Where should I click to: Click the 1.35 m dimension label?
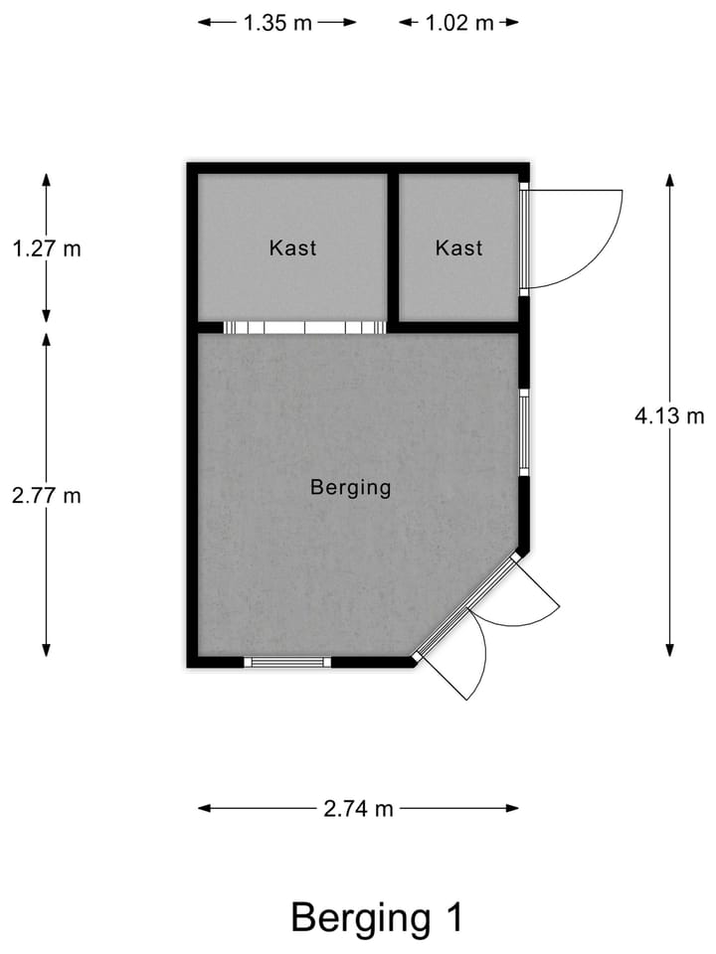pyautogui.click(x=277, y=23)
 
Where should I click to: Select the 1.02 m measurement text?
pyautogui.click(x=459, y=23)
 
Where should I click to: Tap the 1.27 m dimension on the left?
pyautogui.click(x=46, y=248)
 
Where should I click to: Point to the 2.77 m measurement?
pyautogui.click(x=46, y=495)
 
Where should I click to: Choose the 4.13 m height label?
pyautogui.click(x=669, y=415)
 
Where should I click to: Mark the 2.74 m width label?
pyautogui.click(x=358, y=809)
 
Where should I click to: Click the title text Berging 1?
pyautogui.click(x=376, y=916)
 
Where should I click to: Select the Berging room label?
pyautogui.click(x=350, y=488)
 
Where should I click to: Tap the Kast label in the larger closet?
pyautogui.click(x=292, y=247)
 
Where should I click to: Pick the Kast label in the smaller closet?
pyautogui.click(x=458, y=247)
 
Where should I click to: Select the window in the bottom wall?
pyautogui.click(x=287, y=662)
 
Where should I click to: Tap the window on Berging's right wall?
pyautogui.click(x=523, y=432)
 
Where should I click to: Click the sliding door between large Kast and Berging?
pyautogui.click(x=303, y=327)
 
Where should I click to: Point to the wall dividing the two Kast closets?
pyautogui.click(x=393, y=247)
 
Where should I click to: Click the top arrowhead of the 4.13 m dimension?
pyautogui.click(x=669, y=180)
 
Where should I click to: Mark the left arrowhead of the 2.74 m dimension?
pyautogui.click(x=204, y=809)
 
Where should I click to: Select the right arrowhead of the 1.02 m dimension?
pyautogui.click(x=512, y=23)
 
